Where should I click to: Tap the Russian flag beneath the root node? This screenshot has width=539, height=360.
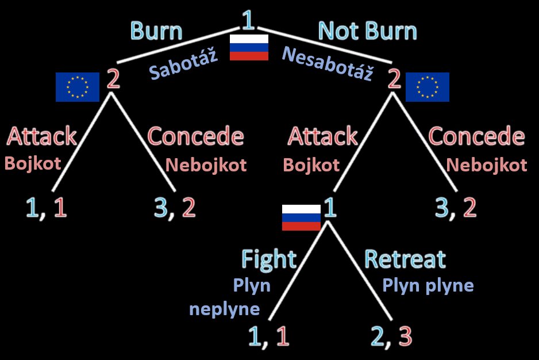(249, 47)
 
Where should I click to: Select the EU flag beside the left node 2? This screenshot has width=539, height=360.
(77, 87)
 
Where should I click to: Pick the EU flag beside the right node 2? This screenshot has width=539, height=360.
(427, 87)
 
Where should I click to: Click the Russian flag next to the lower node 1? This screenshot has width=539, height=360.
(301, 217)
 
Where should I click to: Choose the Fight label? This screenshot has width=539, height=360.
(268, 259)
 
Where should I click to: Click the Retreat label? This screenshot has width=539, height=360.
(405, 259)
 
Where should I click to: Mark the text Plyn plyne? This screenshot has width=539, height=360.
(428, 285)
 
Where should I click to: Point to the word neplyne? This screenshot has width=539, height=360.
(224, 309)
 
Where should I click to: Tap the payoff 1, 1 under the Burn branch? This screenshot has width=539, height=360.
(47, 208)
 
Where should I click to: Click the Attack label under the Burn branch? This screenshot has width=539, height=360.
(41, 136)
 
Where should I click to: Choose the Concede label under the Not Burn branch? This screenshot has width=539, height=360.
(476, 137)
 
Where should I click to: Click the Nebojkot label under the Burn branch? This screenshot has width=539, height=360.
(206, 166)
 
